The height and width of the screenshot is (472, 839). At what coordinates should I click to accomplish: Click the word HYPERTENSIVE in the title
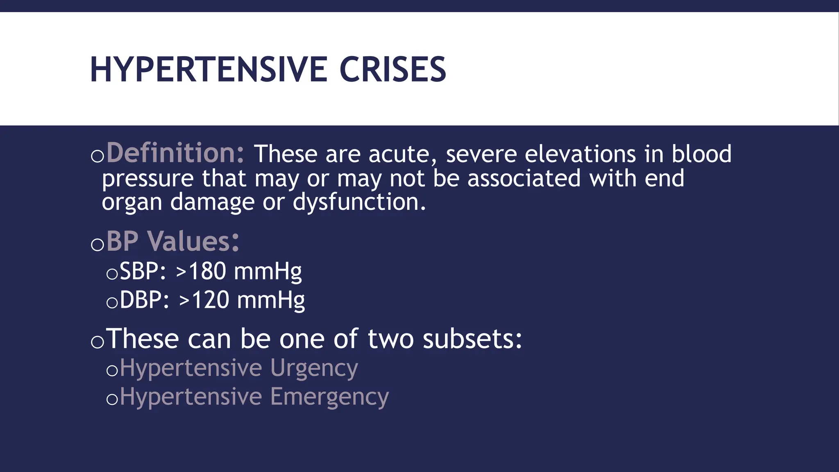208,70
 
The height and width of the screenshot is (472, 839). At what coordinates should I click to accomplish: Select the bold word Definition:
175,153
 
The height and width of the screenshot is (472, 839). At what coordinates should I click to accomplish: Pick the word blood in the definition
701,154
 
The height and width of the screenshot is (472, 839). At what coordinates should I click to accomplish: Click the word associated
524,179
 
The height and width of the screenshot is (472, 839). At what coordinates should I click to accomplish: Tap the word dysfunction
359,202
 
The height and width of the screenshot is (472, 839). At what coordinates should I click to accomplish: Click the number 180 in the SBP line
207,271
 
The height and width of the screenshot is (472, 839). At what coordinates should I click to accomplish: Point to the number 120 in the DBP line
210,300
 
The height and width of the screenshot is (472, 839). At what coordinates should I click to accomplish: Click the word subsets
472,339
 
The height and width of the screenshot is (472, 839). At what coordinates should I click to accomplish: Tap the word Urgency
314,368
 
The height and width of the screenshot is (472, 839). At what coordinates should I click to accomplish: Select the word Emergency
329,397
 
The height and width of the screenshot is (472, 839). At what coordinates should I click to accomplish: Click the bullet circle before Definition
98,156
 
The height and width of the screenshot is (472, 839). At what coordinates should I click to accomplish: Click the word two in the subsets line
390,339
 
